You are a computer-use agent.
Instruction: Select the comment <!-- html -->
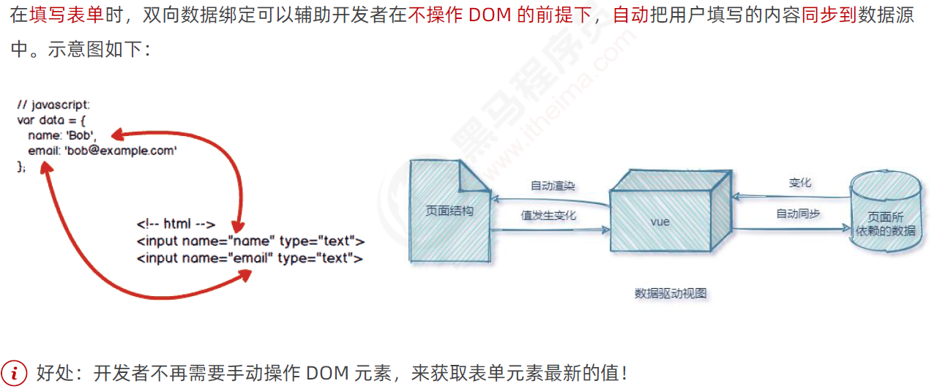[x=176, y=224]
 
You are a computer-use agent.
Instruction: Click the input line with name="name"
[x=250, y=241]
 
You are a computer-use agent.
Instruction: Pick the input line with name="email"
[x=249, y=257]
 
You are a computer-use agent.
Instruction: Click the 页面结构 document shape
[x=449, y=211]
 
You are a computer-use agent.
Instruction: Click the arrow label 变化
[x=799, y=183]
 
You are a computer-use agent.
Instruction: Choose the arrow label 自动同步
[x=798, y=214]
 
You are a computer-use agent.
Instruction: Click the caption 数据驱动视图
[x=671, y=293]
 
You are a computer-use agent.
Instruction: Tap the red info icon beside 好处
[x=14, y=372]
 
